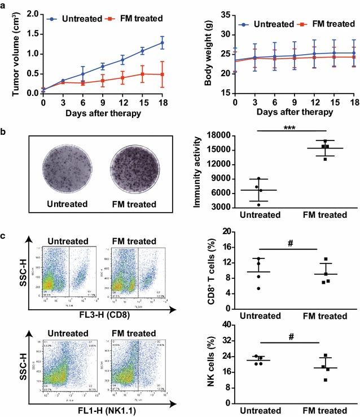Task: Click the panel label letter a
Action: (x=5, y=4)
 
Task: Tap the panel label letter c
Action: (x=5, y=235)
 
